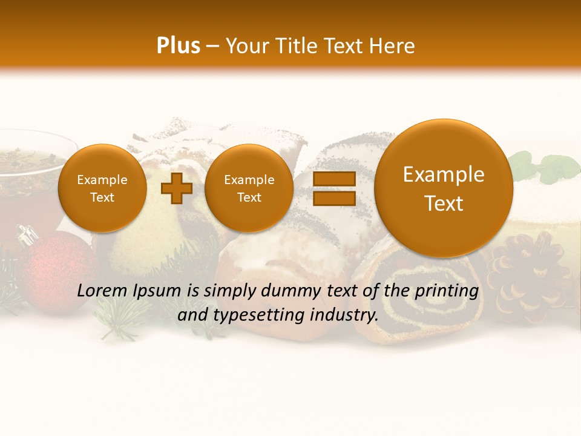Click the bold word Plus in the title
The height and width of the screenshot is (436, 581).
(x=178, y=46)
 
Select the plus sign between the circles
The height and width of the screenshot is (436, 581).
(x=177, y=188)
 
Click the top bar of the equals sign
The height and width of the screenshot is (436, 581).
(x=333, y=179)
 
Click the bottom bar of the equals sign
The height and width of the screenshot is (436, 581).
(x=333, y=199)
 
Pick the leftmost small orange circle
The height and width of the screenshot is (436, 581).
(x=102, y=188)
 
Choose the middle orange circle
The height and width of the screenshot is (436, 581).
(x=249, y=188)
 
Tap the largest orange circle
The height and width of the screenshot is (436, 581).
(x=444, y=188)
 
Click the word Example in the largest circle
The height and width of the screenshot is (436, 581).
(x=444, y=174)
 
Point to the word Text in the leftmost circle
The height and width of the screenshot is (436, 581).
(x=102, y=197)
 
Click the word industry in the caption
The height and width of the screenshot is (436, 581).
(x=346, y=315)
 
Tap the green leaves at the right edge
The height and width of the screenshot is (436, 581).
(x=545, y=167)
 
